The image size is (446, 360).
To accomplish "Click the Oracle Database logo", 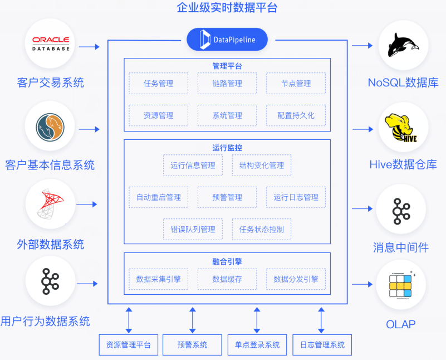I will pyautogui.click(x=50, y=45).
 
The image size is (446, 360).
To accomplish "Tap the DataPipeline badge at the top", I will pyautogui.click(x=227, y=40).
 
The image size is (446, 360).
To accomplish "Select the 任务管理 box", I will pyautogui.click(x=158, y=84).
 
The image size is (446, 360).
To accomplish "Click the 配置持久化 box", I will pyautogui.click(x=296, y=115).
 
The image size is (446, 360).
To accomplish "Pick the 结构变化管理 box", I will pyautogui.click(x=261, y=166).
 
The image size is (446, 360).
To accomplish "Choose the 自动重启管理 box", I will pyautogui.click(x=158, y=197).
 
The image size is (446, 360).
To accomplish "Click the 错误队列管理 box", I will pyautogui.click(x=193, y=229).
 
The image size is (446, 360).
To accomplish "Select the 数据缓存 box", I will pyautogui.click(x=227, y=279).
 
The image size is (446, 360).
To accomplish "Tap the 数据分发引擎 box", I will pyautogui.click(x=296, y=279).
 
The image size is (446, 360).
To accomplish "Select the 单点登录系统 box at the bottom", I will pyautogui.click(x=257, y=345).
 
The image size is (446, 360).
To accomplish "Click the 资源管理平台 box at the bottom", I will pyautogui.click(x=129, y=345).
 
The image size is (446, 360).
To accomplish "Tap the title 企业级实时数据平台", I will pyautogui.click(x=227, y=8).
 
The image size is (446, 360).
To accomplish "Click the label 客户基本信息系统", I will pyautogui.click(x=50, y=165).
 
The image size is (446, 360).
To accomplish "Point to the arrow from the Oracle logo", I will pyautogui.click(x=89, y=47).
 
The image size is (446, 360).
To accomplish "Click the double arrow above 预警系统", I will pyautogui.click(x=193, y=320).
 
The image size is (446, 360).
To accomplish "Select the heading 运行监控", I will pyautogui.click(x=227, y=148).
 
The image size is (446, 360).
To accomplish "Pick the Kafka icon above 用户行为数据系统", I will pyautogui.click(x=50, y=281).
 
